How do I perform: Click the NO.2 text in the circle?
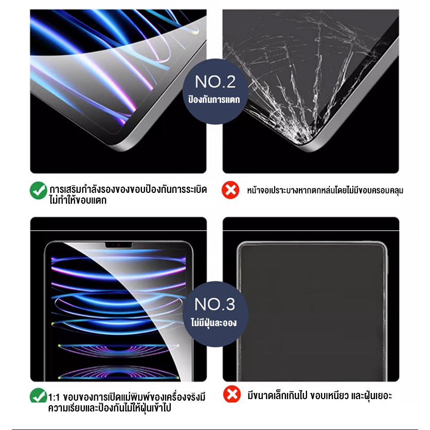pos(216,82)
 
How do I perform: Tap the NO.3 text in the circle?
pos(214,304)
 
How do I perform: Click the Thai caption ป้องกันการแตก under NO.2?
pos(214,100)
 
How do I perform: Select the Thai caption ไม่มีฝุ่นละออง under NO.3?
pos(214,322)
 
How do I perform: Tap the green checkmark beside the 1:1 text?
pos(38,396)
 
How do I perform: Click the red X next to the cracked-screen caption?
pos(230,190)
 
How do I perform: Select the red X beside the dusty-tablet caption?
pos(232,394)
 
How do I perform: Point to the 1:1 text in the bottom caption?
pos(54,398)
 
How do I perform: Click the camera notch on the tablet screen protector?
pos(119,245)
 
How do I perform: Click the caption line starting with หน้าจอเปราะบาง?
pos(325,190)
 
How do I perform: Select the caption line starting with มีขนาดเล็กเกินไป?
pos(320,396)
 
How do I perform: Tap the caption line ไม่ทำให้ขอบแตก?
pos(78,200)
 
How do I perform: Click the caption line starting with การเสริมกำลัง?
pos(128,189)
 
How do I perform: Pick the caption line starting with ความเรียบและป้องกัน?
pos(110,408)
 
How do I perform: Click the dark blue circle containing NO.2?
pos(216,92)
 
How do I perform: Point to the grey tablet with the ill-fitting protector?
pos(312,311)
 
